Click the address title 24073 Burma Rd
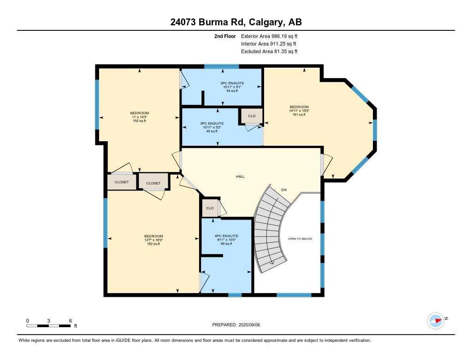(236, 22)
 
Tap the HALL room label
(240, 176)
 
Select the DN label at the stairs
(284, 189)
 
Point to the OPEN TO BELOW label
(300, 239)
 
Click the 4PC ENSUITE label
(226, 236)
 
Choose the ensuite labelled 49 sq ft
(212, 127)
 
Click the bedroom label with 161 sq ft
(299, 110)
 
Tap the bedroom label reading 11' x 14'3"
(139, 117)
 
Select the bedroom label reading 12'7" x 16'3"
(153, 240)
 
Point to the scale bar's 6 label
(70, 321)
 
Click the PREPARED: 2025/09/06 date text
(239, 325)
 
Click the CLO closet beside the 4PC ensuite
(210, 208)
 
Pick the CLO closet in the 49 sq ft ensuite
(252, 116)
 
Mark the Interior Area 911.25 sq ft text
(269, 44)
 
